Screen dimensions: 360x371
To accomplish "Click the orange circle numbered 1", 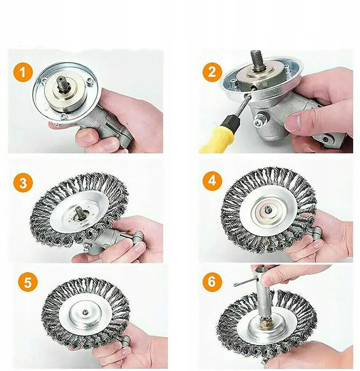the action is point(23,72).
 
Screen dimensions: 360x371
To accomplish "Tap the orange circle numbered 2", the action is point(212,72).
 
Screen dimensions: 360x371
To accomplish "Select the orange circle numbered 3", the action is point(23,183).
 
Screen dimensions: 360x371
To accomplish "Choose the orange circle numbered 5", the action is point(28,282).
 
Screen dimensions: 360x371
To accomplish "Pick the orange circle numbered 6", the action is point(212,282).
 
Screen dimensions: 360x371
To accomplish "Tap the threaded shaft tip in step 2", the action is point(256,59).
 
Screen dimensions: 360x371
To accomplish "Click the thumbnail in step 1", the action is point(87,137).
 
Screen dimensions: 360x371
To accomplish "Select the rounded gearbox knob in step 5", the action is point(125,342).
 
